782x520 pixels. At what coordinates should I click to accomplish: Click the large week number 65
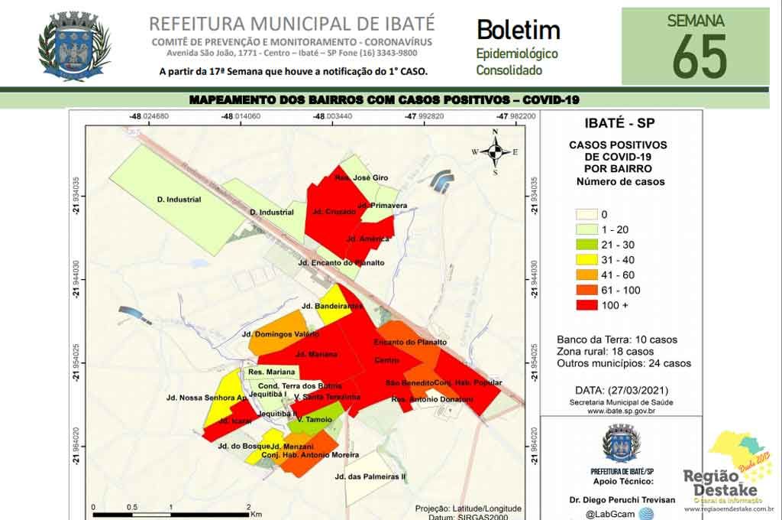click(x=699, y=57)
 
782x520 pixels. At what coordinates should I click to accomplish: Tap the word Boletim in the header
click(x=518, y=30)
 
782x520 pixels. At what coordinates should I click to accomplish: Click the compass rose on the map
click(x=495, y=151)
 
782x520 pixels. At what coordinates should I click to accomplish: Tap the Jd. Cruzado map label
click(x=334, y=211)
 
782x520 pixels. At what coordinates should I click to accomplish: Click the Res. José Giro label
click(x=361, y=177)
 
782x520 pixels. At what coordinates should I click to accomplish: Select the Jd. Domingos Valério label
click(x=280, y=334)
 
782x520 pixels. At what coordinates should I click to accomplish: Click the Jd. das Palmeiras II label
click(x=370, y=476)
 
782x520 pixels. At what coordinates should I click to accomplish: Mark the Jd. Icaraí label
click(x=235, y=421)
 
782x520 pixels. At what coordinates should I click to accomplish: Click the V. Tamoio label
click(x=314, y=419)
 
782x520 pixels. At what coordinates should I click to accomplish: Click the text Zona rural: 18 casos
click(x=617, y=352)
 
